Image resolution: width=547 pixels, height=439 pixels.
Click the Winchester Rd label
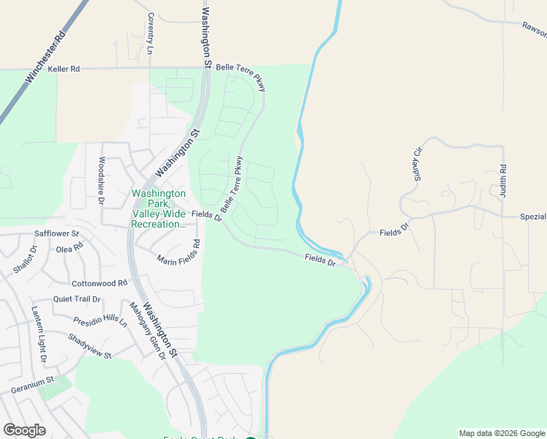(45, 56)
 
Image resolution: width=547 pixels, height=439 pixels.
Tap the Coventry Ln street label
(151, 34)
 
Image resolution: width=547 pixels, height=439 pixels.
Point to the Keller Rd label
(64, 69)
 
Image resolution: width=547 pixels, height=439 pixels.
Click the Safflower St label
(56, 234)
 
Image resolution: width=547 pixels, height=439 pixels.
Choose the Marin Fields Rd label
(179, 252)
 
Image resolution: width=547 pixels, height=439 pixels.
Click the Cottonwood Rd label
(99, 283)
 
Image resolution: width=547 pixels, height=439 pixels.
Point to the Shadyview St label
(89, 346)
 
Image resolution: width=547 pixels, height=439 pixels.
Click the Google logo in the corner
(24, 430)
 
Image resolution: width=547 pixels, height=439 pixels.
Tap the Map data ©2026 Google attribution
(502, 433)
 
